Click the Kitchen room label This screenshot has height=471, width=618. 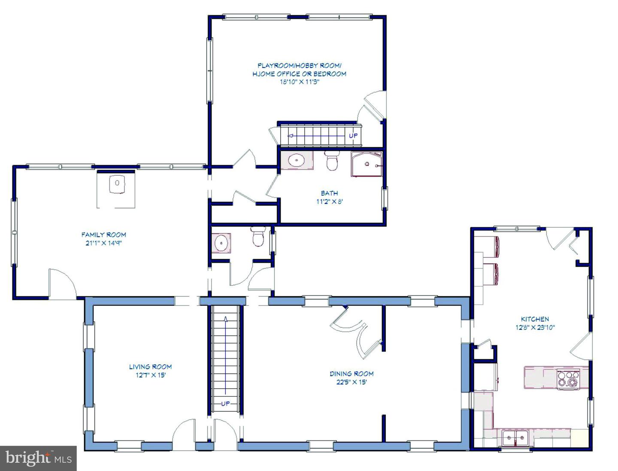pos(535,319)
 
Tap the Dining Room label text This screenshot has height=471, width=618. pos(351,374)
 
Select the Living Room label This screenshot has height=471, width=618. pos(150,367)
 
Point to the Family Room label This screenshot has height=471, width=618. pos(103,234)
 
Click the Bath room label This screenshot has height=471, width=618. pos(330,193)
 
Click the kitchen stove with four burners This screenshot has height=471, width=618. pos(568,380)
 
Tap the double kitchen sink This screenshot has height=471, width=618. pos(516,438)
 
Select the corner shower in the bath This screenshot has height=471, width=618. pos(367,164)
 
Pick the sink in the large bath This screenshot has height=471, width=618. pos(297,160)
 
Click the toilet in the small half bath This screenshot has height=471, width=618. pos(258,236)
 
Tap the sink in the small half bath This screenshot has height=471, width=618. pos(221,242)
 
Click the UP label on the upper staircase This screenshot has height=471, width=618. pos(353,136)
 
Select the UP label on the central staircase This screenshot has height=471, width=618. pos(225,404)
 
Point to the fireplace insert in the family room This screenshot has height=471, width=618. pos(117,184)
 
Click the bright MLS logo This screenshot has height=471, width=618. pos(38,458)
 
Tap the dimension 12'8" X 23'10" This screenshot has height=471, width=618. pos(535,327)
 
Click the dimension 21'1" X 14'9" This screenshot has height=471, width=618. pos(103,243)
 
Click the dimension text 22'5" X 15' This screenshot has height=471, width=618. pos(351,382)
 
